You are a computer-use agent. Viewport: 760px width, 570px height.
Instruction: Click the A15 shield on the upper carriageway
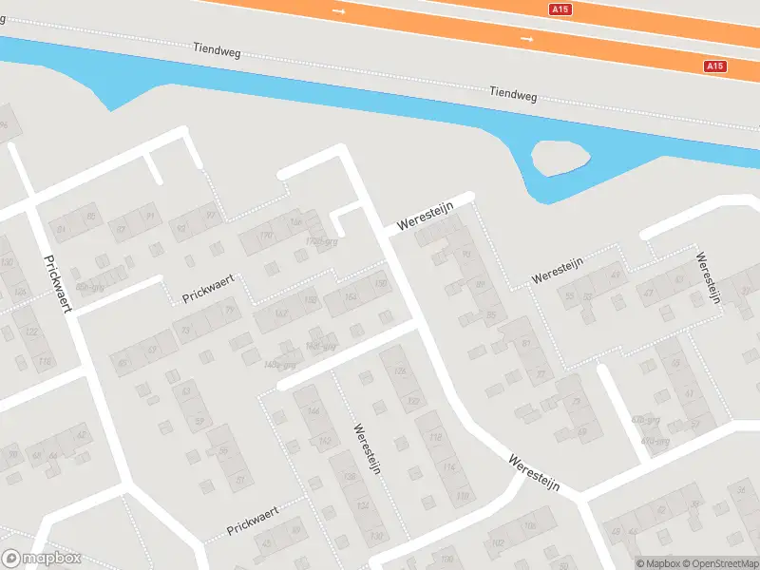[x=561, y=9]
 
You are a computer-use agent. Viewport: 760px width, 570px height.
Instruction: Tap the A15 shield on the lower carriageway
[x=715, y=66]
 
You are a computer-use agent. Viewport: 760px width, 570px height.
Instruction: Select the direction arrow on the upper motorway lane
[x=339, y=10]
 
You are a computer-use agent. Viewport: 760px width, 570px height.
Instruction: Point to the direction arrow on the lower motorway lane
[x=527, y=39]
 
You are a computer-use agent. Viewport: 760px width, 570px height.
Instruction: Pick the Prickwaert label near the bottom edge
[x=252, y=521]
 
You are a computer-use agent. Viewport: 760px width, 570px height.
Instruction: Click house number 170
[x=266, y=234]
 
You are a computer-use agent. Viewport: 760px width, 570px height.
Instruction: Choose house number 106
[x=529, y=524]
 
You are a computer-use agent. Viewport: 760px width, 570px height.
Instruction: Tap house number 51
[x=239, y=481]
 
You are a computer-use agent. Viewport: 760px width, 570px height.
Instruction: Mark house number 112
[x=435, y=437]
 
